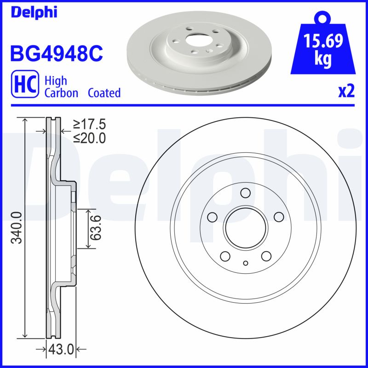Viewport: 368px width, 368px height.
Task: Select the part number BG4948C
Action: click(x=56, y=53)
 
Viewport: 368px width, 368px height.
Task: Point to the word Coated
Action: click(x=104, y=93)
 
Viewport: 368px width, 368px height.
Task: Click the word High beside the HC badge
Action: click(x=56, y=81)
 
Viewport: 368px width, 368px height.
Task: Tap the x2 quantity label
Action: click(x=346, y=92)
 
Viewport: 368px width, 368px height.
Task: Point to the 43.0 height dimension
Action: click(x=61, y=350)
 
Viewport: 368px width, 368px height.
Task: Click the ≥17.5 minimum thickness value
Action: click(x=89, y=124)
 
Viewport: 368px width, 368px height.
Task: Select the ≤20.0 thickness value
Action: click(x=89, y=137)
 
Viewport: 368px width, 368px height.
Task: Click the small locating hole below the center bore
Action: click(x=245, y=263)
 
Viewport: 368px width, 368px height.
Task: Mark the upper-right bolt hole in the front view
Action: click(x=279, y=216)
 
